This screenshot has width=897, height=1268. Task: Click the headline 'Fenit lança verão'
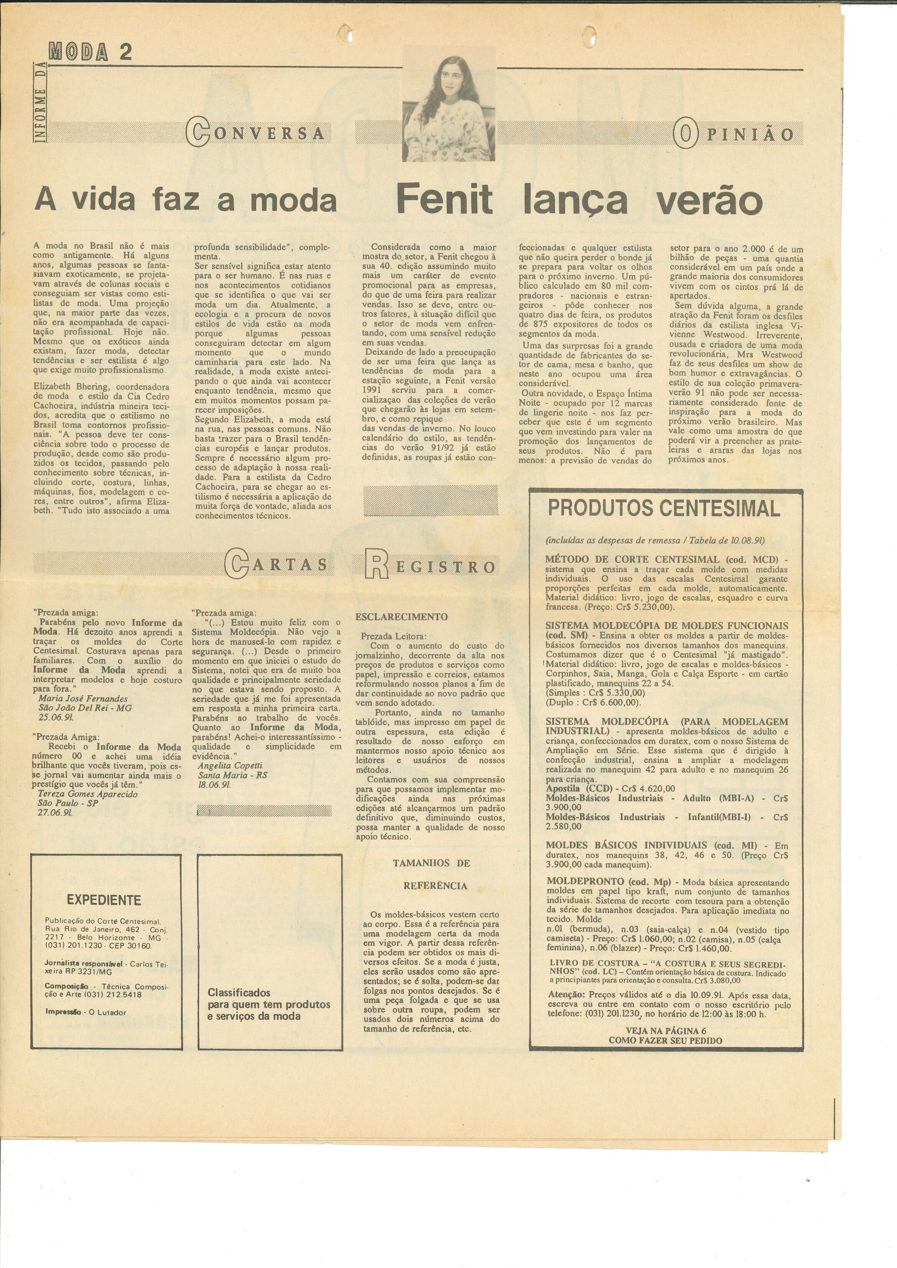[x=580, y=200]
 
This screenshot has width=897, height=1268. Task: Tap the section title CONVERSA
[x=257, y=133]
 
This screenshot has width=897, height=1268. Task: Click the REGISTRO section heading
[x=431, y=567]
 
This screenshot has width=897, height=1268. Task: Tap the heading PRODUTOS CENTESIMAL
[x=664, y=508]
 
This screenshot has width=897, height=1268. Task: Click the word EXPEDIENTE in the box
[x=104, y=900]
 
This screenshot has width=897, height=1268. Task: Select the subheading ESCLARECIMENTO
[x=401, y=617]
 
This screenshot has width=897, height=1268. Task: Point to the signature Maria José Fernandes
[x=83, y=698]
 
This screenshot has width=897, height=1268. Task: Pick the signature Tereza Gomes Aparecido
[x=87, y=794]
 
